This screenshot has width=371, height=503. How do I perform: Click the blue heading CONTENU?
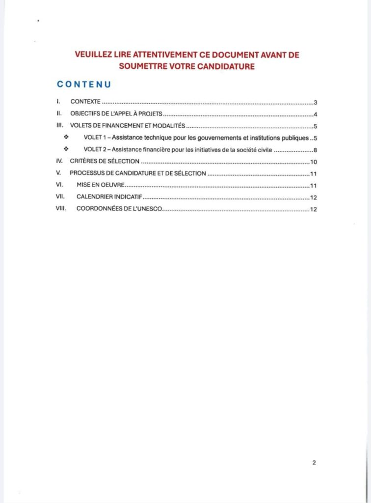pyautogui.click(x=84, y=84)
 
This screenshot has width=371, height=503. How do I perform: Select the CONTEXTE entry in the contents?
pyautogui.click(x=85, y=102)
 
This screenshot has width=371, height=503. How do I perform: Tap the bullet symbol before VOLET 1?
pyautogui.click(x=67, y=137)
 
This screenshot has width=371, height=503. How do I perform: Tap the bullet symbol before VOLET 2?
pyautogui.click(x=67, y=149)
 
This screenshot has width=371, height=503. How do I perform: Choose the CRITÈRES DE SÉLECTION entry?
pyautogui.click(x=105, y=161)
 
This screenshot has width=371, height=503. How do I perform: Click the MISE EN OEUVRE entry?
pyautogui.click(x=101, y=185)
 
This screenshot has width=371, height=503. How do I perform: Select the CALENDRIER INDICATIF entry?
pyautogui.click(x=109, y=197)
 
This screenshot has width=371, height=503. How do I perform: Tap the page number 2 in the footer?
pyautogui.click(x=314, y=462)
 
